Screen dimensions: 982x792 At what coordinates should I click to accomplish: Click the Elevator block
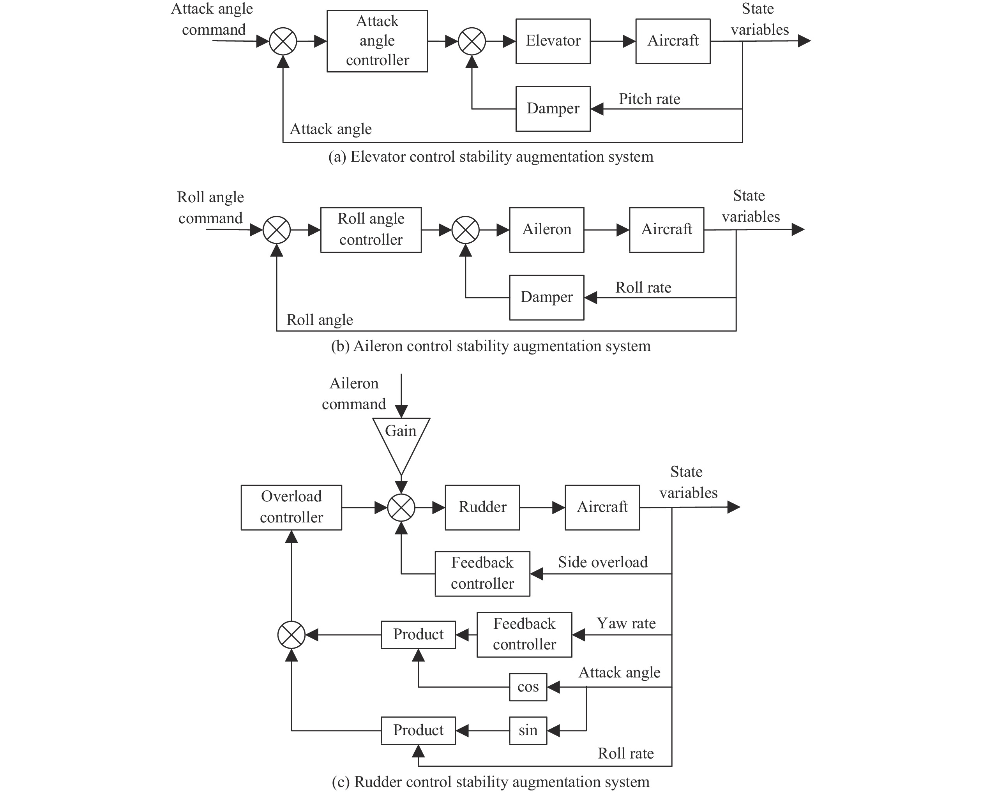point(553,41)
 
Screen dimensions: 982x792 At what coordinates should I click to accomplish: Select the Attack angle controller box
point(377,41)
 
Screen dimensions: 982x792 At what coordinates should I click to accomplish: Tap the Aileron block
point(547,229)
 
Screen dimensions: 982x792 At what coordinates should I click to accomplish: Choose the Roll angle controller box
point(371,229)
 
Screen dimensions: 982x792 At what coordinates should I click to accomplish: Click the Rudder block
point(482,507)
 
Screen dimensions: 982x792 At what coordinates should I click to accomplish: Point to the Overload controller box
point(291,507)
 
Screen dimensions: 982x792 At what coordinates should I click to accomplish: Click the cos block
point(528,686)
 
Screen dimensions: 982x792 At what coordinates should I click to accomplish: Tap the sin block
point(528,730)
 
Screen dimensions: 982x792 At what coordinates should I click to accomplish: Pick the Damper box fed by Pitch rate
point(553,109)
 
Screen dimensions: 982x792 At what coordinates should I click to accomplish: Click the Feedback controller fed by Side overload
point(482,573)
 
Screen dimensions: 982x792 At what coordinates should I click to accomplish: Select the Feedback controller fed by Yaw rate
point(524,634)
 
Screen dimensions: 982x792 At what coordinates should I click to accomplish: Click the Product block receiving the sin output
point(418,730)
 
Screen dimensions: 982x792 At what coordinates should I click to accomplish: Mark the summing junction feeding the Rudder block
point(401,507)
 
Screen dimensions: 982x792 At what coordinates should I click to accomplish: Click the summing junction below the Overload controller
point(291,635)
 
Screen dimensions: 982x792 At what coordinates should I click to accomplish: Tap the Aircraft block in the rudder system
point(602,507)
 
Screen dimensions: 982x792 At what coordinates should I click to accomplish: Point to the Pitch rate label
point(649,99)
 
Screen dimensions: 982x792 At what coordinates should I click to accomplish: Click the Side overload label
point(603,562)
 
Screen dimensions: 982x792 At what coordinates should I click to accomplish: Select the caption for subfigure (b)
point(491,346)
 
